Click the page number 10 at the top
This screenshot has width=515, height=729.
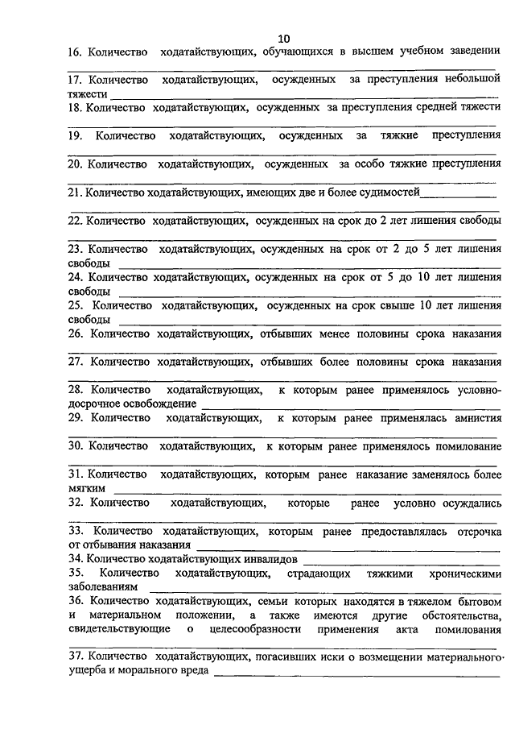(x=284, y=39)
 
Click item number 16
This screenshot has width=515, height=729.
(x=74, y=52)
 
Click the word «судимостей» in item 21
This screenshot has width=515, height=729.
(x=389, y=192)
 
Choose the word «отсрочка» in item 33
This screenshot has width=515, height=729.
(x=474, y=531)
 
